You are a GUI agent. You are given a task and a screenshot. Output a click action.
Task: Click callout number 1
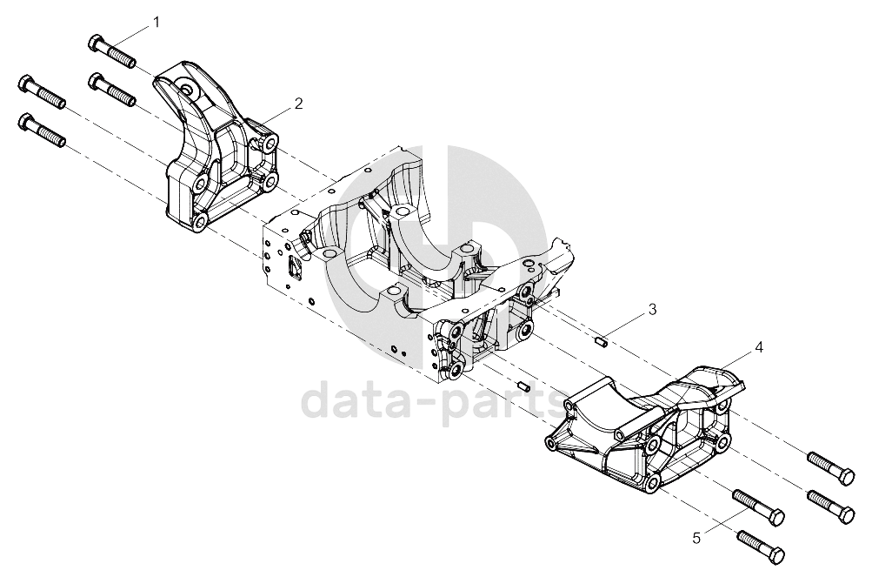click(156, 23)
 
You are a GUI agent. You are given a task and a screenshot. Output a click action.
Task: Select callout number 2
click(299, 104)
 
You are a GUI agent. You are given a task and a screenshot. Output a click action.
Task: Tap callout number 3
click(653, 309)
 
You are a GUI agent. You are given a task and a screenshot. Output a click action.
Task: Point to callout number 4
click(759, 347)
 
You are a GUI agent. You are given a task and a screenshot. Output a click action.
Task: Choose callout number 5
click(697, 538)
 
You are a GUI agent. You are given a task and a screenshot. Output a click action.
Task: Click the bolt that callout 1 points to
click(112, 51)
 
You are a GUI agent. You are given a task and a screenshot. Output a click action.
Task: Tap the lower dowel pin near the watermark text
click(523, 386)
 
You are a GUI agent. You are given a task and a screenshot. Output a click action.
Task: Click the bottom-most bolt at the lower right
click(761, 546)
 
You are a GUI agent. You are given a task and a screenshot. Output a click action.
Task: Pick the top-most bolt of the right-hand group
click(831, 468)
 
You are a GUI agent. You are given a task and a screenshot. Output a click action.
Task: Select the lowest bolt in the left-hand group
click(42, 130)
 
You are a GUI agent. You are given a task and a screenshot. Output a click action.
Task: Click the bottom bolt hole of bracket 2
click(200, 221)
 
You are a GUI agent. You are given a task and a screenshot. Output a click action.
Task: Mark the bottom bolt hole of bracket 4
click(652, 481)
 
